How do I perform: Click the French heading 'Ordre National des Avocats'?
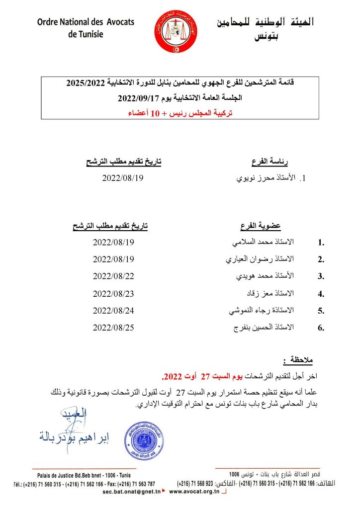click(86, 23)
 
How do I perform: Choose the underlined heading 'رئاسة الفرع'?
click(267, 161)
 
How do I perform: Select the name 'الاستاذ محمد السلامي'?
click(263, 242)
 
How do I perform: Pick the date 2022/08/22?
click(114, 276)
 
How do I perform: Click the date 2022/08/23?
click(114, 293)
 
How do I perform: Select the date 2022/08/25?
click(114, 328)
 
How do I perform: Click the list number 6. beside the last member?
click(321, 328)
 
